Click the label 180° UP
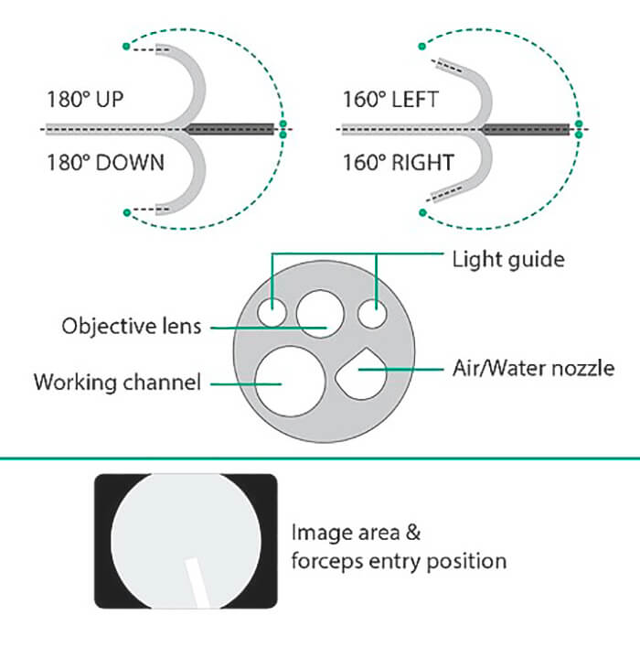click(84, 99)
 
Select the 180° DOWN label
click(105, 163)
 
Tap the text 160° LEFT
click(390, 99)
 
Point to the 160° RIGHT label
click(398, 163)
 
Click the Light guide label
click(508, 259)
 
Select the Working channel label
click(117, 382)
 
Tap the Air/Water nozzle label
click(533, 368)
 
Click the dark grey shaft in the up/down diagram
click(232, 129)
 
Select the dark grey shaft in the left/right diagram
click(528, 129)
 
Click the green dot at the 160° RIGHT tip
click(422, 214)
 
